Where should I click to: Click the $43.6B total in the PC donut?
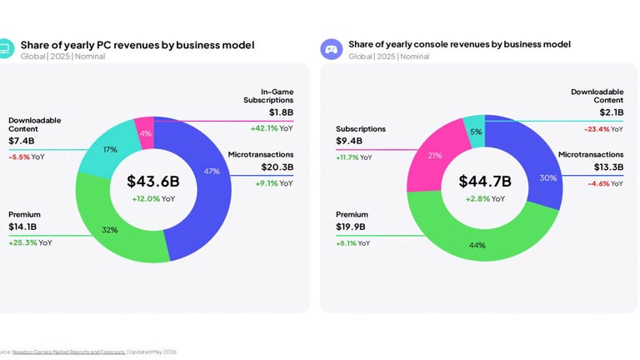coord(153,181)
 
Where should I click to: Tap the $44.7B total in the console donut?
coord(485,181)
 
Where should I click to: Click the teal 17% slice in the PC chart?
coord(107,150)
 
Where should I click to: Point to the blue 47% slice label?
coord(212,171)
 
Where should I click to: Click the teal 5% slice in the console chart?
coord(475,131)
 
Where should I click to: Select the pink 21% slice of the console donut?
coord(435,157)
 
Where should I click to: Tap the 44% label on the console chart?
coord(477,245)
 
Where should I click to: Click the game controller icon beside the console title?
coord(331,49)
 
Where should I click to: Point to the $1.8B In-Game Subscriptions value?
coord(281,112)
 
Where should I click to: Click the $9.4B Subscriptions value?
coord(349,141)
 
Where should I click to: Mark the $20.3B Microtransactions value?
coord(277,167)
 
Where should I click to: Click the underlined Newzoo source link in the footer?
coord(69,352)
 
